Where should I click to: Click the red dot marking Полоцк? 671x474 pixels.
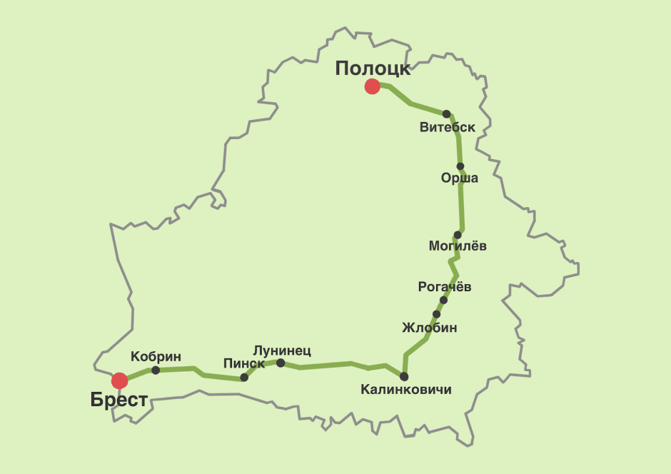pyautogui.click(x=372, y=86)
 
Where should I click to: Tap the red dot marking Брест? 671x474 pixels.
pyautogui.click(x=119, y=380)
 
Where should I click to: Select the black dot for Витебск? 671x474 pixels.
pyautogui.click(x=446, y=114)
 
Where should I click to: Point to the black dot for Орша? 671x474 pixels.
pyautogui.click(x=460, y=166)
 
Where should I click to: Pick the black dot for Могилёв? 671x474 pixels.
pyautogui.click(x=458, y=235)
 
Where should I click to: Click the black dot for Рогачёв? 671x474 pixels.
pyautogui.click(x=443, y=300)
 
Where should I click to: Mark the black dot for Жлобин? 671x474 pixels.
pyautogui.click(x=436, y=314)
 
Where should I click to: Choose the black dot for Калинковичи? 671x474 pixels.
pyautogui.click(x=404, y=376)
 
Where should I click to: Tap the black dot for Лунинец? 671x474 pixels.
pyautogui.click(x=281, y=363)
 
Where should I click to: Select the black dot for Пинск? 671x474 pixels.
pyautogui.click(x=244, y=377)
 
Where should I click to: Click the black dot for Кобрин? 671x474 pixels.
pyautogui.click(x=156, y=370)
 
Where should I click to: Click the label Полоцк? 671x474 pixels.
pyautogui.click(x=373, y=69)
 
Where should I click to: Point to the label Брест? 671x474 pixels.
pyautogui.click(x=119, y=400)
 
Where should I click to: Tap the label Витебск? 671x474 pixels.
pyautogui.click(x=448, y=128)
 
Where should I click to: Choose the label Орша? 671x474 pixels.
pyautogui.click(x=460, y=178)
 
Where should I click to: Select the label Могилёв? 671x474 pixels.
pyautogui.click(x=458, y=246)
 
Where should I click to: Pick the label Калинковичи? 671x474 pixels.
pyautogui.click(x=406, y=390)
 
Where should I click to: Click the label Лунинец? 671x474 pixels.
pyautogui.click(x=282, y=351)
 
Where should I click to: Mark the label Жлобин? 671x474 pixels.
pyautogui.click(x=430, y=328)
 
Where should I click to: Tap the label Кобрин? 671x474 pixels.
pyautogui.click(x=156, y=357)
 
